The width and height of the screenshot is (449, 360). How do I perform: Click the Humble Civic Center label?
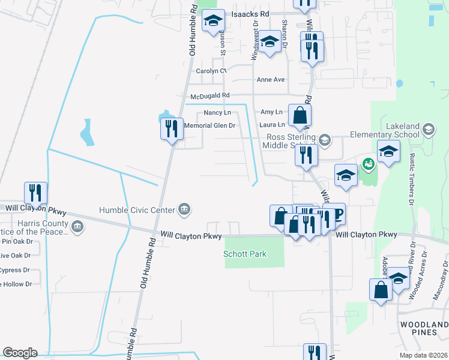[x=137, y=209]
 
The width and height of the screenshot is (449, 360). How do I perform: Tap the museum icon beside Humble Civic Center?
[x=184, y=209]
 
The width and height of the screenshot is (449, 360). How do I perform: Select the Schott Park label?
[x=245, y=254]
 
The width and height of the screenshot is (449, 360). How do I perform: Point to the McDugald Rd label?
[x=210, y=95]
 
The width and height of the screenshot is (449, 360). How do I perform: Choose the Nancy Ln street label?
[x=217, y=112]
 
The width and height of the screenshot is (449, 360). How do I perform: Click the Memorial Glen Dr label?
[x=209, y=125]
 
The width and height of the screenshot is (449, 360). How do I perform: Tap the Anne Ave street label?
[x=270, y=79]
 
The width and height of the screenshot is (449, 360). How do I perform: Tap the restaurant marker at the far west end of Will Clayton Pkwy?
[x=35, y=193]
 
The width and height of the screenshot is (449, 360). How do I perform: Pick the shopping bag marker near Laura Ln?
[x=300, y=115]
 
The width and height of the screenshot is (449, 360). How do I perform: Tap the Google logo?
[x=20, y=352]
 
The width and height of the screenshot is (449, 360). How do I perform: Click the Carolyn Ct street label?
[x=211, y=71]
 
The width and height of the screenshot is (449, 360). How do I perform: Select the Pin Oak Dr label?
[x=16, y=241]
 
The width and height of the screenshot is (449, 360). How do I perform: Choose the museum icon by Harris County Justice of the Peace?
[x=77, y=227]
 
